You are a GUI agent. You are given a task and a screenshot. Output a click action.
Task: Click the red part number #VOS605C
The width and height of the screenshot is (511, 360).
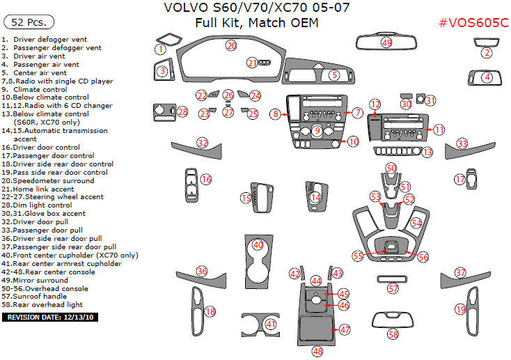473,23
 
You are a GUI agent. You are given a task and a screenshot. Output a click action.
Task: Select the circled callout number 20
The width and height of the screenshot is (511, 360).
231,45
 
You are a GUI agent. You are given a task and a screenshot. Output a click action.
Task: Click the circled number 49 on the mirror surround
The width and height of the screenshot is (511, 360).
386,43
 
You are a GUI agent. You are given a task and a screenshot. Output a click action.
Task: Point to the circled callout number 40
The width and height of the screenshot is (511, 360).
258,245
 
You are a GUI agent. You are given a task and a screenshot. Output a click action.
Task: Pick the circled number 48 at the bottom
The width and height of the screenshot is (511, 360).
317,351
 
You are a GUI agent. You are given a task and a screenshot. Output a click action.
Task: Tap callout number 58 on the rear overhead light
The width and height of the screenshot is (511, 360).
394,335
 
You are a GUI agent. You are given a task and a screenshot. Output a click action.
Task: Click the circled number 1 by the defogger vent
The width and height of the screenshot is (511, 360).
160,49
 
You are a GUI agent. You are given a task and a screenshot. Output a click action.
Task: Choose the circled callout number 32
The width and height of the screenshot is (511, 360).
202,143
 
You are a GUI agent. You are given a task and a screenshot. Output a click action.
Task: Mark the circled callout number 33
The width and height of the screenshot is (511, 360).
462,143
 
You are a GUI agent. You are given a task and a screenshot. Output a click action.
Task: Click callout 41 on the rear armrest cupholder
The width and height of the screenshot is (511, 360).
271,324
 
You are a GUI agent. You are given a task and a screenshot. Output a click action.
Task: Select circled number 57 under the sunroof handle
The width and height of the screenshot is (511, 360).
393,288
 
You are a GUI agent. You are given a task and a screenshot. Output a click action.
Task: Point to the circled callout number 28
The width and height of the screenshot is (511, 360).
182,111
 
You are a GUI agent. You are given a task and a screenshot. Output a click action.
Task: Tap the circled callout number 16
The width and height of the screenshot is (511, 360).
206,180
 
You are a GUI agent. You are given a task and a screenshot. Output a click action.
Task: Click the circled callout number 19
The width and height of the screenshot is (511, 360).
460,309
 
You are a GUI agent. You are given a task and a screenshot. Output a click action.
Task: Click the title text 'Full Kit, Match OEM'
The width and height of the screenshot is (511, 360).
256,23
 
